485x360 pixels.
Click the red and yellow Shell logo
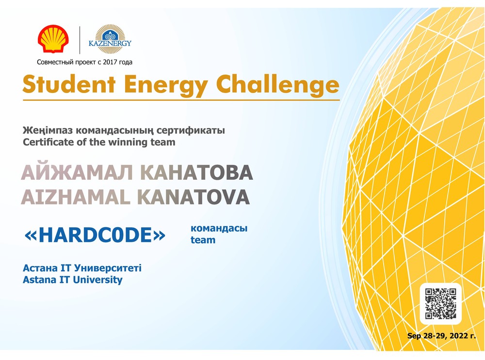[x=53, y=39]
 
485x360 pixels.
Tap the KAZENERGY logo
[x=110, y=40]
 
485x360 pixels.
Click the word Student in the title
[x=69, y=84]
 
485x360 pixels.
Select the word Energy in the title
[x=166, y=85]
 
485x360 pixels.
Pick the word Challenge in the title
[x=277, y=85]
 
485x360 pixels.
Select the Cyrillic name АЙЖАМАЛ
[x=77, y=172]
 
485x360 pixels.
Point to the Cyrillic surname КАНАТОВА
[x=196, y=172]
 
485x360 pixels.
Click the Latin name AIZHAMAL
[x=76, y=197]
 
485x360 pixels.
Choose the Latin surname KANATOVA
[x=194, y=197]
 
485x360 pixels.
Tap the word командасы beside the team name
[x=219, y=229]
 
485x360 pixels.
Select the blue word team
[x=203, y=240]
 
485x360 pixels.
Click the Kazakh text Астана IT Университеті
[x=82, y=268]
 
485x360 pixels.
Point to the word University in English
[x=98, y=280]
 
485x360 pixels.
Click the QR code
[x=440, y=303]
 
